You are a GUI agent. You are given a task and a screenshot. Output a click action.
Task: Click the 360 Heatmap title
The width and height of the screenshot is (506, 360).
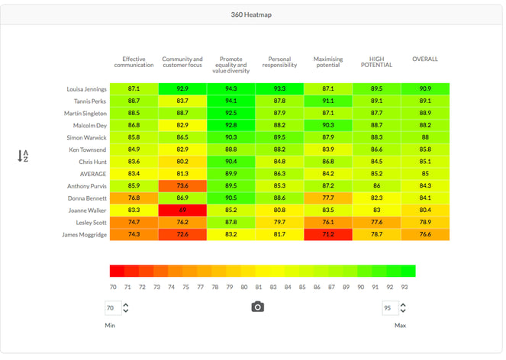coord(253,14)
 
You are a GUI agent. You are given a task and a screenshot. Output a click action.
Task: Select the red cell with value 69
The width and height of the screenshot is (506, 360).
coord(182,210)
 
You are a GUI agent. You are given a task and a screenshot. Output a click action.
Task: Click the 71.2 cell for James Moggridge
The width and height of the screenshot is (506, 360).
coord(328,234)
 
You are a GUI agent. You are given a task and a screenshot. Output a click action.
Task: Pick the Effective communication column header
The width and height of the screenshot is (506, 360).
coord(134,61)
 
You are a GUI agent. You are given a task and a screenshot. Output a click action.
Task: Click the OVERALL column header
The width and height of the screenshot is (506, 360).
coord(425,59)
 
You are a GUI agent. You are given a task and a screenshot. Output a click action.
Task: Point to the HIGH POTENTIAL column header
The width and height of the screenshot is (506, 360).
coord(376,61)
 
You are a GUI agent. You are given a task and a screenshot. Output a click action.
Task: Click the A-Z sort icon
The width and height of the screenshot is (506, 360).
coord(23,156)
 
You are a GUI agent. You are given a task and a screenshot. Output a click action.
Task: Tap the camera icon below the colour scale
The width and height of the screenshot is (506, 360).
coord(258,307)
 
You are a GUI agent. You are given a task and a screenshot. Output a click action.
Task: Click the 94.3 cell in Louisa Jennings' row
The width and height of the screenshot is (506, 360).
coord(231,89)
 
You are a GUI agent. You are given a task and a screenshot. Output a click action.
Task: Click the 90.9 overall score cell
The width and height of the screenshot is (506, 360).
coord(425,89)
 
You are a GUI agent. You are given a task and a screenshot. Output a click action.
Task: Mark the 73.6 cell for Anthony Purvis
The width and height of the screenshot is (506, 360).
coord(182,186)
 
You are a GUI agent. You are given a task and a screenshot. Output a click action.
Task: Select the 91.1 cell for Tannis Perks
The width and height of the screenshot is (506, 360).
coord(328,101)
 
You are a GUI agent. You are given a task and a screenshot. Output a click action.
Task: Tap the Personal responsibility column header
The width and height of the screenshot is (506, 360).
coord(279,61)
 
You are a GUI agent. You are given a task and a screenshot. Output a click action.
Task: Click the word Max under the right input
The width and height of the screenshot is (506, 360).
coord(399,326)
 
